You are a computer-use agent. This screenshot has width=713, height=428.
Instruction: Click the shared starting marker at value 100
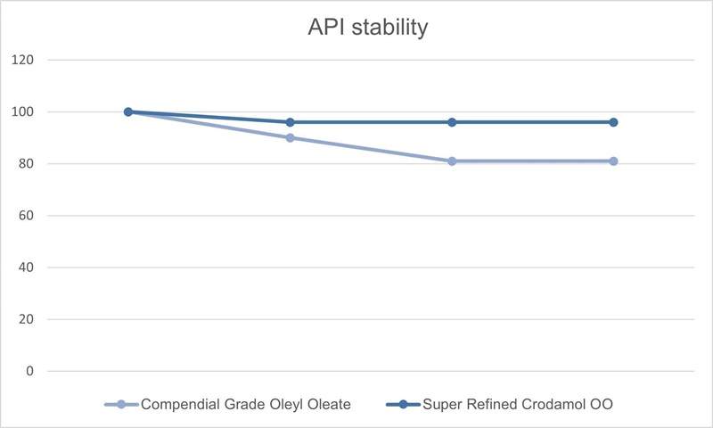click(128, 111)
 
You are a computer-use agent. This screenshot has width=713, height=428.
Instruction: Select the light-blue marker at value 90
click(291, 137)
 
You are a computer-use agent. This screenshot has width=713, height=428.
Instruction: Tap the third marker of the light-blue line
click(452, 161)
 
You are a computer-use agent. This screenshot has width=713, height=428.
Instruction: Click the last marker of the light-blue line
click(613, 161)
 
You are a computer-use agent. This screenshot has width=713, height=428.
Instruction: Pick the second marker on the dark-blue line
click(291, 122)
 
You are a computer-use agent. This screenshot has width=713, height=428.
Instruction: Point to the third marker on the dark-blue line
click(452, 122)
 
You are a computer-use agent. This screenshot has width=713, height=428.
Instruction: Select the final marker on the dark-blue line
click(613, 122)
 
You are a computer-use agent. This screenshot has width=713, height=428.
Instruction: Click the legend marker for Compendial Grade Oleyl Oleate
click(121, 404)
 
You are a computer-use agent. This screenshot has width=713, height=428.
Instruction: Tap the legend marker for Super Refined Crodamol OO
click(403, 404)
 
